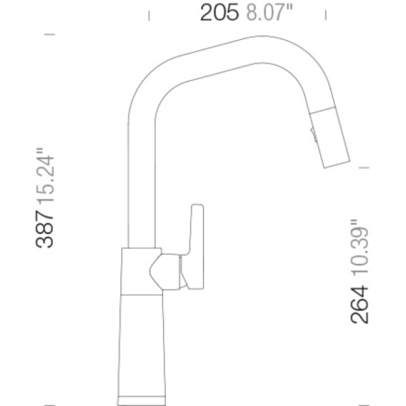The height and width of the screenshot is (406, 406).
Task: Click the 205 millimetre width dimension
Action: tap(219, 12)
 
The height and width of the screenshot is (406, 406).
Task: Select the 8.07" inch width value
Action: tap(269, 12)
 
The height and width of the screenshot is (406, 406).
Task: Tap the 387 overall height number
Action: tap(45, 229)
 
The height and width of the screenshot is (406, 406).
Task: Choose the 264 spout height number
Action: tap(359, 304)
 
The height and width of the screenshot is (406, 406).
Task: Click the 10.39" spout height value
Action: tap(360, 247)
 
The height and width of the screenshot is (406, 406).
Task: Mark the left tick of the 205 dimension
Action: tap(149, 16)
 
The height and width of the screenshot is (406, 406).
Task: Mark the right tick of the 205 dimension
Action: tap(325, 15)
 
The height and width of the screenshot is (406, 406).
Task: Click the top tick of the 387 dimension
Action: tap(49, 35)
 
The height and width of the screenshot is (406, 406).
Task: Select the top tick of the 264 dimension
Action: tap(364, 168)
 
